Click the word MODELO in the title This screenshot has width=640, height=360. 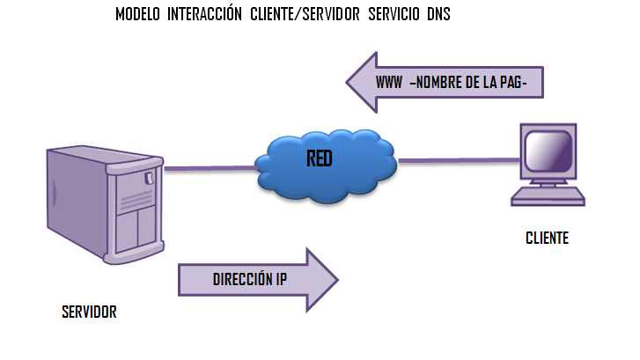click(x=136, y=16)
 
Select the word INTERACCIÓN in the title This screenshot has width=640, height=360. click(x=206, y=16)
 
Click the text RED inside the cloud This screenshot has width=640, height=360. click(x=320, y=159)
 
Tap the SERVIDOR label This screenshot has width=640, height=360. click(x=89, y=312)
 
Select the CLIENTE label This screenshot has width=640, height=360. click(x=547, y=238)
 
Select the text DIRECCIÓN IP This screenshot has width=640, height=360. click(x=249, y=281)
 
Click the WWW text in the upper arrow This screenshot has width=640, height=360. click(x=389, y=83)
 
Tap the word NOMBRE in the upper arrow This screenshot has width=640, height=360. click(x=440, y=83)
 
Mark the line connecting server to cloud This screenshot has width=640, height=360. click(x=209, y=167)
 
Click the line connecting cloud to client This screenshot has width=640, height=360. click(x=458, y=160)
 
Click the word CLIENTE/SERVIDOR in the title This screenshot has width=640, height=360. click(x=303, y=16)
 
